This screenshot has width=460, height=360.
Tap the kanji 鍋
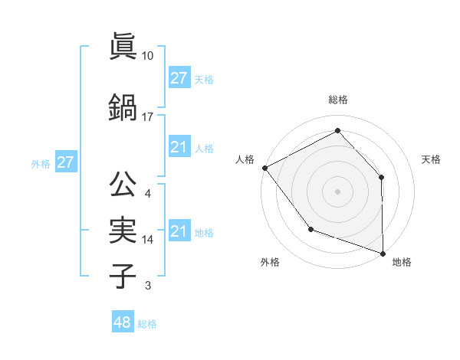click(123, 108)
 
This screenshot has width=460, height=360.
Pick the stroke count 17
click(148, 117)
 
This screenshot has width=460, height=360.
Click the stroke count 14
click(148, 240)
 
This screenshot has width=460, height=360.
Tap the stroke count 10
click(148, 56)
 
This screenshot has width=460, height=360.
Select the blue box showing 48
click(122, 322)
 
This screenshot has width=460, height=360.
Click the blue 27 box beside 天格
click(179, 78)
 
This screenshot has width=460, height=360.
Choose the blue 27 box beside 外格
click(65, 162)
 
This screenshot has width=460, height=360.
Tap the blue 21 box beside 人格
click(179, 147)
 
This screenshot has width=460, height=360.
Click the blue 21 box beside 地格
click(179, 231)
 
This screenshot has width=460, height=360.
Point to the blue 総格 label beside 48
click(147, 324)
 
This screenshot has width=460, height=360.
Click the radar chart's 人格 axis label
click(245, 159)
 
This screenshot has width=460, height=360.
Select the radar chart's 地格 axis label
click(402, 262)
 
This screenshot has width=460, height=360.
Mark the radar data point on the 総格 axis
click(337, 131)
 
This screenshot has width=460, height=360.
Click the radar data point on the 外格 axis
click(310, 229)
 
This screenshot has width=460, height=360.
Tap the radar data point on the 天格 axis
click(382, 177)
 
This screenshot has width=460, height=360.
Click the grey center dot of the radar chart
click(337, 191)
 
